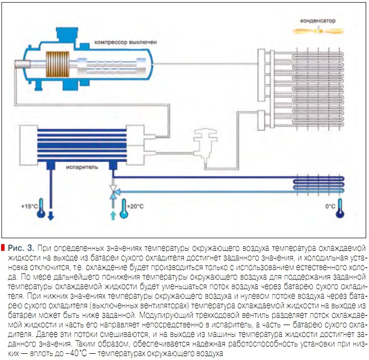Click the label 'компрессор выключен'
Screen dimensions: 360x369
tap(125, 42)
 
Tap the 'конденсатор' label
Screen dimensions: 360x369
tap(318, 20)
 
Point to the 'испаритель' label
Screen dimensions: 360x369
tap(84, 167)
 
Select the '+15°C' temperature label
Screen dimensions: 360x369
tap(28, 206)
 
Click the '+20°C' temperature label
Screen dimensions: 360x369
tap(136, 206)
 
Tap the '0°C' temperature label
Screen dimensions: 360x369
tap(330, 206)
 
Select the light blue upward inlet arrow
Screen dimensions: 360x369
tap(112, 215)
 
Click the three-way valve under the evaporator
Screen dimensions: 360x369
tap(112, 191)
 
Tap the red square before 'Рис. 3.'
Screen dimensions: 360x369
tap(3, 247)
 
